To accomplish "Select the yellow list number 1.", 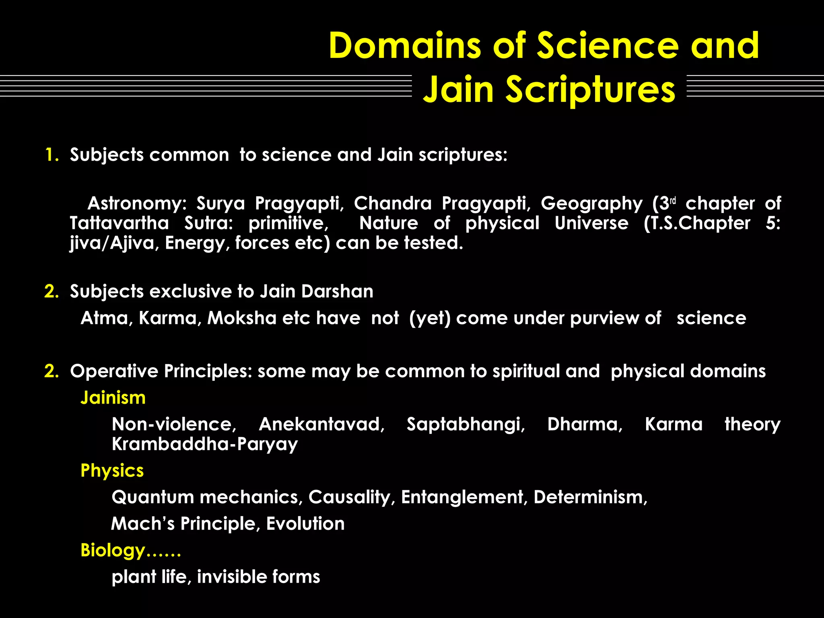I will coord(51,155).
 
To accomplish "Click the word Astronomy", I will coord(136,203).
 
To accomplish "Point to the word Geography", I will coord(591,203).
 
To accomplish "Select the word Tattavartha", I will coord(119,223).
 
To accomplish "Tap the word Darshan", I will coord(337,291).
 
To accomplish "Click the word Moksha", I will coord(242,318).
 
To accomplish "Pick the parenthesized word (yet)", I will coord(430,318).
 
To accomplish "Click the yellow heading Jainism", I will coord(113,398).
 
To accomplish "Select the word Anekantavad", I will coord(321,424).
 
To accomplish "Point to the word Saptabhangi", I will coord(466,424).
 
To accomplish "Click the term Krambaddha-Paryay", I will coord(205,444).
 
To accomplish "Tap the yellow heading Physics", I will coord(112,470).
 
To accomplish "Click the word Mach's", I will coord(143,523).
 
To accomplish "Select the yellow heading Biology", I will coord(113,550).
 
